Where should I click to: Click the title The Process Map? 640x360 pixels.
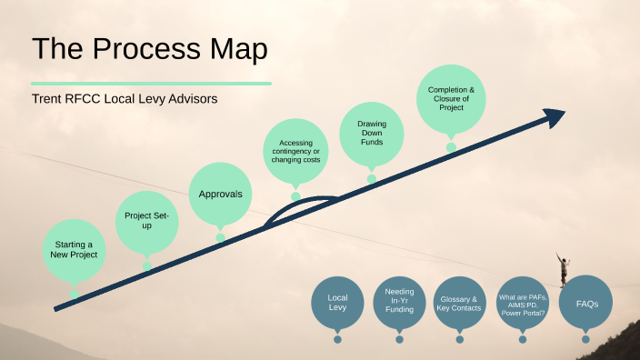[150, 49]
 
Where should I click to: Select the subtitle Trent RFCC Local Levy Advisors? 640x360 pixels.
[125, 98]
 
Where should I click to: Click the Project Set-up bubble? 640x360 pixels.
[146, 220]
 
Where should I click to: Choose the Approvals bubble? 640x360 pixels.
[220, 194]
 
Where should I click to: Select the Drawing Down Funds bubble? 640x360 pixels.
[371, 130]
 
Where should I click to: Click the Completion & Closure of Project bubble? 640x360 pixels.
[451, 98]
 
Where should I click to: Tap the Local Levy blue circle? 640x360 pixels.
[337, 302]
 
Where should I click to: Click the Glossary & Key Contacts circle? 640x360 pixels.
[459, 303]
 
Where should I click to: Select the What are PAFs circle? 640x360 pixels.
[522, 303]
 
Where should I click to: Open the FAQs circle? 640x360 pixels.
[585, 302]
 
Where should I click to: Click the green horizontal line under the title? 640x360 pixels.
[151, 83]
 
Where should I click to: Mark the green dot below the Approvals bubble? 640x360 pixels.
[220, 238]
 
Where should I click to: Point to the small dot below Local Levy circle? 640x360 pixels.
[337, 339]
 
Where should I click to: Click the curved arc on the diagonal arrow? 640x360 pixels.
[300, 202]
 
